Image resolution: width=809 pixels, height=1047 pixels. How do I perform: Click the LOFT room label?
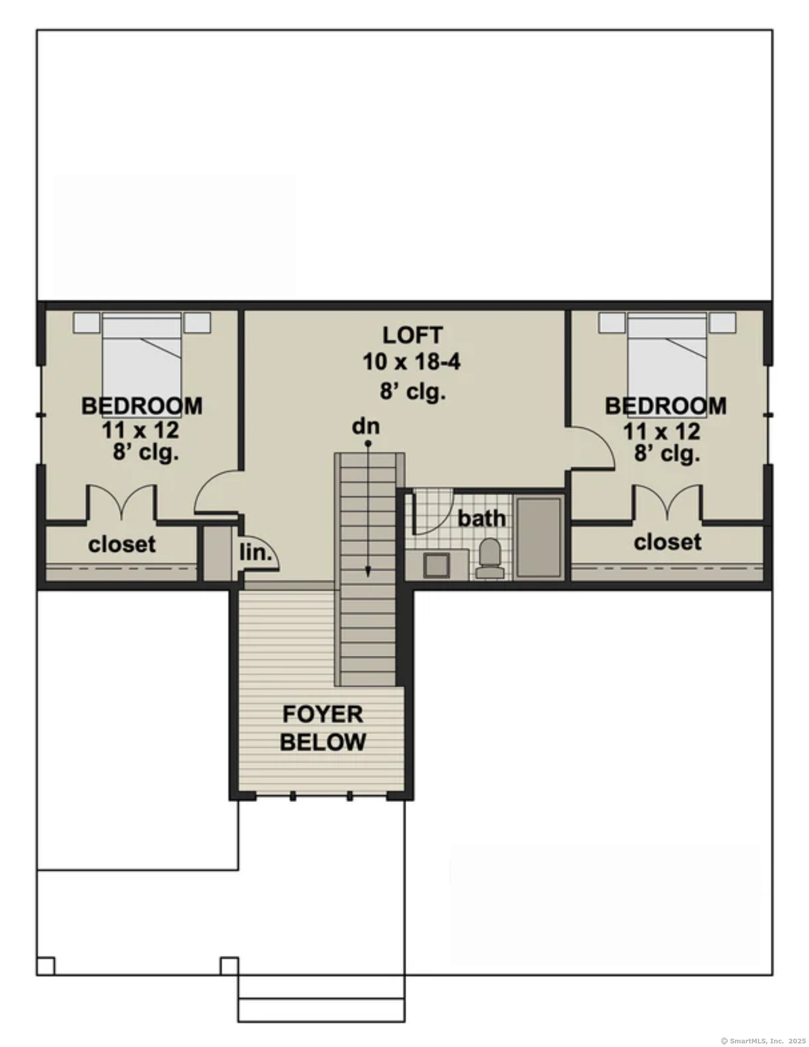pos(413,336)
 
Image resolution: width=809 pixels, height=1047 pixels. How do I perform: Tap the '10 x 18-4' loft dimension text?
pos(412,362)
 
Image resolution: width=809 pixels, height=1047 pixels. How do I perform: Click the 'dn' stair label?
pos(365,427)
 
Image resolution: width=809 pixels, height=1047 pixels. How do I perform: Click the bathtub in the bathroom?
pos(538,537)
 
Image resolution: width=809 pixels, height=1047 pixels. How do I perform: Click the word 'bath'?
pos(482,519)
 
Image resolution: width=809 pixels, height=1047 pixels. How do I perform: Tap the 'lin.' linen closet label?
pos(256,553)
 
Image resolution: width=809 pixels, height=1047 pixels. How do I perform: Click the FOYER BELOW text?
pos(323,728)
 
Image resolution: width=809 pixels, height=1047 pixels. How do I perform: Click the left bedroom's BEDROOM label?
pos(142,406)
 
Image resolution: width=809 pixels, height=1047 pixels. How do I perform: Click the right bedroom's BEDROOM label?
pos(666,406)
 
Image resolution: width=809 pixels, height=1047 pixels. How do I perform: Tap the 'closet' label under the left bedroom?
pos(122,544)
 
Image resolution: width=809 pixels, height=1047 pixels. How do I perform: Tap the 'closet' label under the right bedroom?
pos(668,542)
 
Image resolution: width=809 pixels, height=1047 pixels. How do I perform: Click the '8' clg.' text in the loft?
pos(413,391)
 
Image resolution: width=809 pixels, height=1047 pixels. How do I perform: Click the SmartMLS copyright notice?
pos(763,1041)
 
